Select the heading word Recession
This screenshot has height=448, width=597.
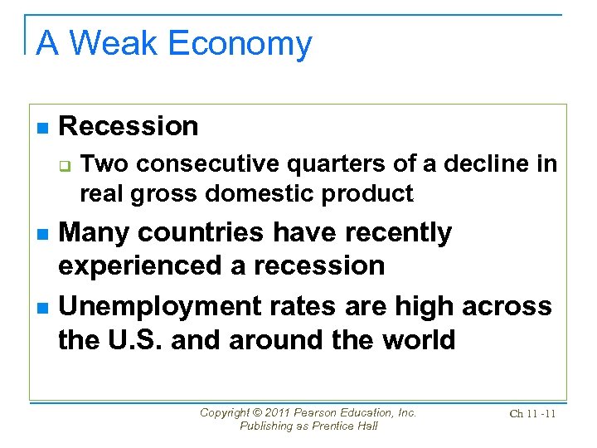point(129,126)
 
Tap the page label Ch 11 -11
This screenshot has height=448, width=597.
point(532,414)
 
